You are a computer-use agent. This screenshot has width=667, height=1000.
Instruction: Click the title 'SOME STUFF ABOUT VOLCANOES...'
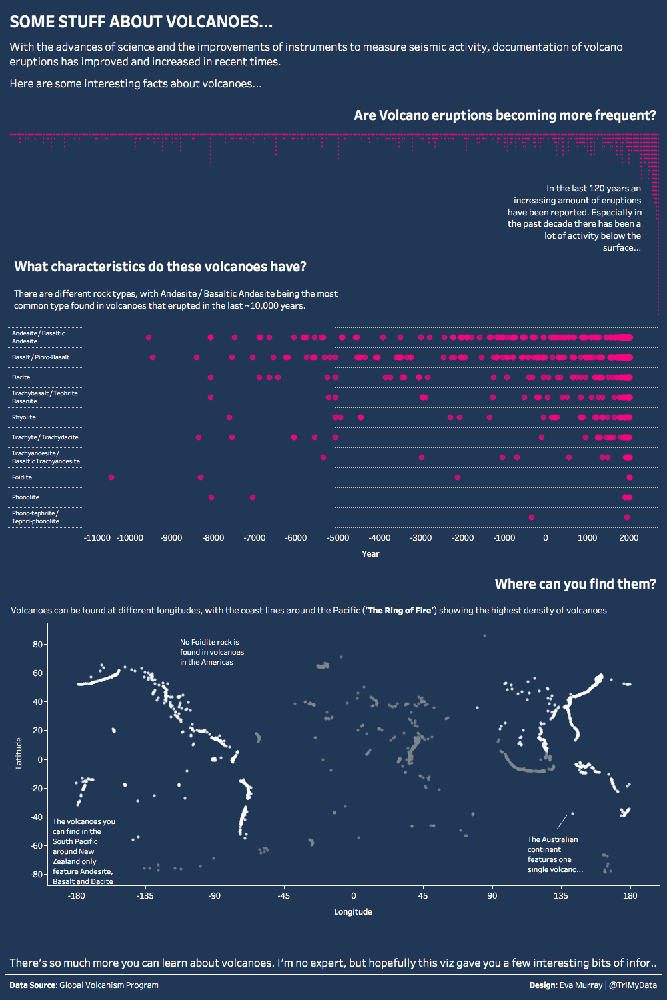[141, 22]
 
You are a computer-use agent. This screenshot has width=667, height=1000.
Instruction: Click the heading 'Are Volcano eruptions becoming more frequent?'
[504, 115]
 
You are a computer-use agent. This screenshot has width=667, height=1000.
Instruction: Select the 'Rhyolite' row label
[24, 417]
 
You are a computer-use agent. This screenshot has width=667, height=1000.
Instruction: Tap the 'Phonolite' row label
[25, 497]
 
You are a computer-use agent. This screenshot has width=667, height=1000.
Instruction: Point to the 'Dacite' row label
[21, 377]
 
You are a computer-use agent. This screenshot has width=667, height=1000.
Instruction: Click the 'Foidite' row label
[22, 477]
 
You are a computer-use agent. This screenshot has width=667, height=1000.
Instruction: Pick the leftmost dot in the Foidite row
[111, 477]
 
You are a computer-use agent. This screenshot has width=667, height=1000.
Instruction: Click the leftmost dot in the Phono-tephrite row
[532, 517]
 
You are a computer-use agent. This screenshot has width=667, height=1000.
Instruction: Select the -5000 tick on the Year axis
[338, 538]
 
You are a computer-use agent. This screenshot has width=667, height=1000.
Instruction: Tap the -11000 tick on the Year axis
[97, 538]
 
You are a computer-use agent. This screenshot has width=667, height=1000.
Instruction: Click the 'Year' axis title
[370, 554]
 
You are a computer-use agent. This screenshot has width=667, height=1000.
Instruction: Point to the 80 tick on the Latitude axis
[37, 645]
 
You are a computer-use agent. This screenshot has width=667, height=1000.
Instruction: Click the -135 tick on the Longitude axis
[145, 896]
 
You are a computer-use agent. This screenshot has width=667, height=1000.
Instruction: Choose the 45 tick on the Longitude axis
[423, 896]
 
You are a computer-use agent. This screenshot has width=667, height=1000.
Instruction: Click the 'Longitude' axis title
[353, 912]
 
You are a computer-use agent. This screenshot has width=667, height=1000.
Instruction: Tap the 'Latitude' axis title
[19, 753]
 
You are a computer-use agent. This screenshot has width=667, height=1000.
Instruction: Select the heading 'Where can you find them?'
[575, 584]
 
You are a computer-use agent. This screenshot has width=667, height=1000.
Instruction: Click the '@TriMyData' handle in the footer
[633, 985]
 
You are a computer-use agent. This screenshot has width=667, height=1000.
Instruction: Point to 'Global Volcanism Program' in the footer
[109, 985]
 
